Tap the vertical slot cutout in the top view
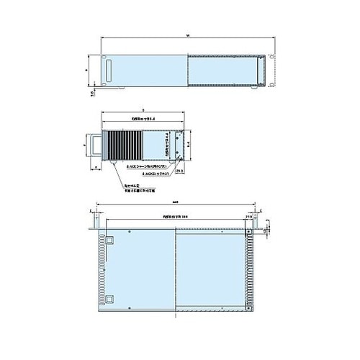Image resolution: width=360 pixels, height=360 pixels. point(109,71)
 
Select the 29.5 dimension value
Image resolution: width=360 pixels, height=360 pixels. point(179,171)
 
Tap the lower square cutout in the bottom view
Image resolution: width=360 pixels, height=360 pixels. point(109,298)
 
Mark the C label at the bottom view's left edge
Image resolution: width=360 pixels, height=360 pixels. point(91,211)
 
